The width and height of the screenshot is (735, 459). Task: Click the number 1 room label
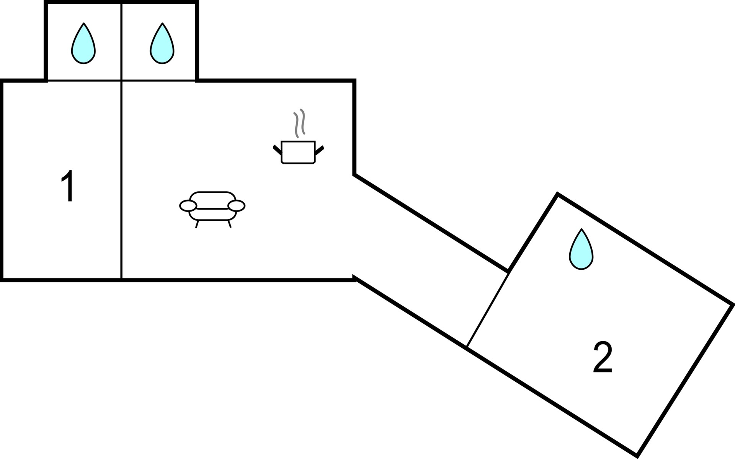point(68,186)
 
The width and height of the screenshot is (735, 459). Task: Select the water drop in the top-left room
point(83,44)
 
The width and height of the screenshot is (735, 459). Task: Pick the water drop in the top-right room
point(162,44)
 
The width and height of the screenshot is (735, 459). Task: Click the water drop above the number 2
point(581,249)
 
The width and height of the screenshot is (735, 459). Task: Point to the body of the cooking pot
point(298,153)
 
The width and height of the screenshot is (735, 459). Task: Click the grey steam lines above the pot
point(299,123)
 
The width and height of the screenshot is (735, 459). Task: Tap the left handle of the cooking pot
point(277,150)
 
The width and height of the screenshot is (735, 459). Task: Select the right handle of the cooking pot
point(319,150)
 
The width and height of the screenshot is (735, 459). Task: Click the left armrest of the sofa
point(188,206)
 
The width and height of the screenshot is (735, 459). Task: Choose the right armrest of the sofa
point(236,206)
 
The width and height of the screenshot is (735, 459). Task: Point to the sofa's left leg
point(197,224)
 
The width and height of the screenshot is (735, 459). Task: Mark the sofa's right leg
point(229,224)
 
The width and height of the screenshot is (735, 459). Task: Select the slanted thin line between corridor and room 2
point(487,310)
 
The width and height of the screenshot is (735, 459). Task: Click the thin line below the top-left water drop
point(84,81)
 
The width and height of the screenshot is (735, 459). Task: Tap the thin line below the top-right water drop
point(158,81)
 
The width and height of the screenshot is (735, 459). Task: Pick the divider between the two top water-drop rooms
point(121,42)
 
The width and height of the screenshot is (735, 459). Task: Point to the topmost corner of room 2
point(557,194)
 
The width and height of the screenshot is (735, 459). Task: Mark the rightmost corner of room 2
point(733,305)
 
